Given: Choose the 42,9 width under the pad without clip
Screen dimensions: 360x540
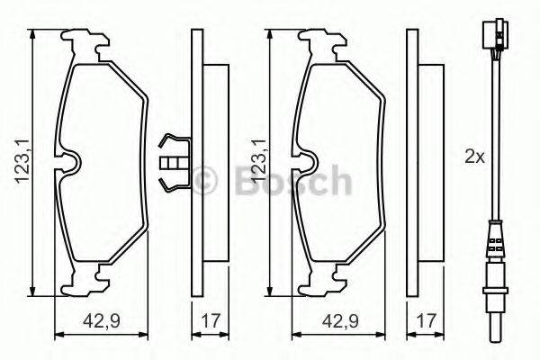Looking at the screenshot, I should (343, 322).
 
